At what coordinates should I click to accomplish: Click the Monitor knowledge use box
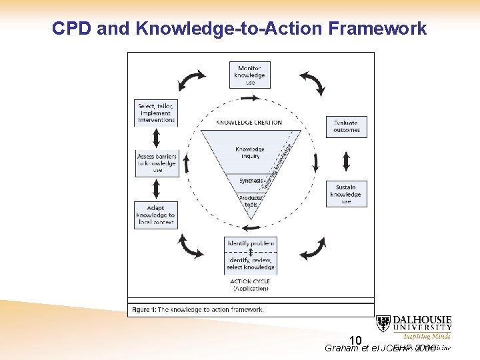point(250,75)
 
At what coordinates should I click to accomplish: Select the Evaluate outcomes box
point(347,126)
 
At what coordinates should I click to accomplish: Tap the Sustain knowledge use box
point(346,194)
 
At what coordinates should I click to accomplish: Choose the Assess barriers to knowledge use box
point(156,163)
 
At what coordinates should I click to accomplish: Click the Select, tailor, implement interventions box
point(156,113)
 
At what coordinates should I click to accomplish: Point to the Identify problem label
point(250,243)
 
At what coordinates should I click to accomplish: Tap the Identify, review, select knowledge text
point(250,263)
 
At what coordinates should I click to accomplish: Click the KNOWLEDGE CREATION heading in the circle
point(249,123)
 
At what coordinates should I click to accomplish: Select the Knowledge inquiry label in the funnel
point(249,153)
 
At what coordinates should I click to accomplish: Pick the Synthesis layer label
point(251,181)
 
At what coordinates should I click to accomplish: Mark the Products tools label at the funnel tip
point(251,201)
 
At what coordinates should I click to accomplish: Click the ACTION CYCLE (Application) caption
point(250,285)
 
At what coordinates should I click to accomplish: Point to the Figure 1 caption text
point(198,309)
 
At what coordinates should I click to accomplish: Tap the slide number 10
point(355,341)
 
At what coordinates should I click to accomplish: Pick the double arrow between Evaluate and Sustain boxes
point(346,161)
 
